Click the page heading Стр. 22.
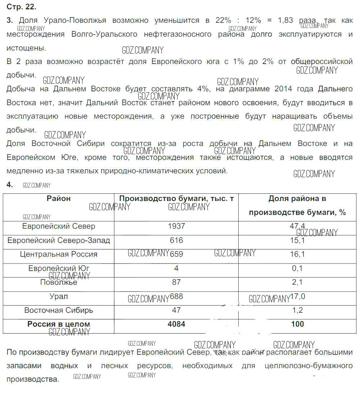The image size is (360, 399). (x=22, y=6)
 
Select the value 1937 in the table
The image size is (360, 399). (x=176, y=226)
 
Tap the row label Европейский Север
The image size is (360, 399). (x=59, y=226)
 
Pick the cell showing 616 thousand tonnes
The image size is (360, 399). (x=176, y=240)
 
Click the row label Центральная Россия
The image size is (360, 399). (x=59, y=254)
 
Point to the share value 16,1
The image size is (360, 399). (x=297, y=254)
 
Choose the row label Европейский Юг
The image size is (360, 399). (x=59, y=268)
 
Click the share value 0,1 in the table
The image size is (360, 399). (x=297, y=268)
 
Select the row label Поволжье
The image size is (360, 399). (x=59, y=282)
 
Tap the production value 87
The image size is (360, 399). (x=176, y=282)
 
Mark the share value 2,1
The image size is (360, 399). (x=297, y=282)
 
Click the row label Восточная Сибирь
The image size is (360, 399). (x=59, y=310)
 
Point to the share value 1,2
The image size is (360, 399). (x=297, y=310)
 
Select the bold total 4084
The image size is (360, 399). (x=176, y=324)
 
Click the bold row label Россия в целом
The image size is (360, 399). (x=59, y=324)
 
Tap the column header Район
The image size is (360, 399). (x=59, y=198)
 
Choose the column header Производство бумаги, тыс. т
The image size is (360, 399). (x=176, y=198)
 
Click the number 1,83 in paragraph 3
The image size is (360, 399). (x=285, y=20)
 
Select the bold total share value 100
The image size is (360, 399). (x=297, y=324)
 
